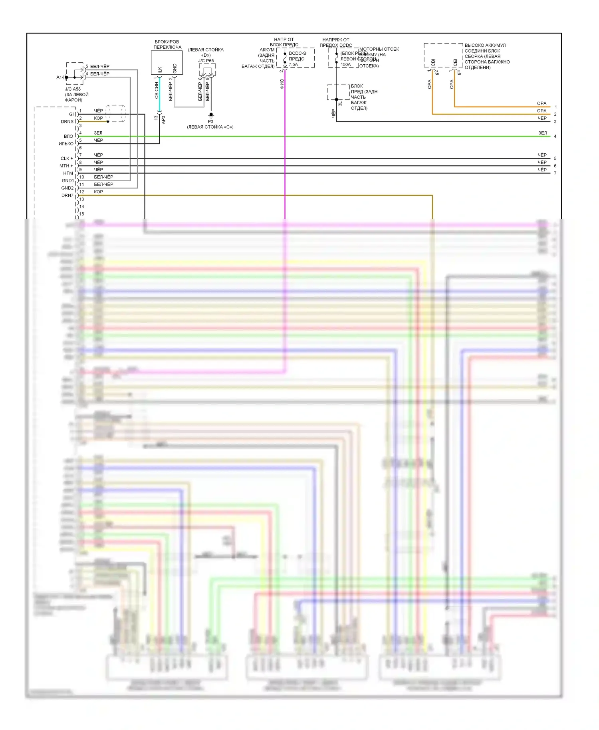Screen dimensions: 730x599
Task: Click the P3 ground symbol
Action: (211, 115)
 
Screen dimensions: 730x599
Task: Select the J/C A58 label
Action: (73, 89)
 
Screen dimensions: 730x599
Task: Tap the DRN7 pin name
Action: (67, 195)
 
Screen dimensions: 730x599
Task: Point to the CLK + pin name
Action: (67, 159)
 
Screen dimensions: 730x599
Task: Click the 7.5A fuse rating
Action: (294, 65)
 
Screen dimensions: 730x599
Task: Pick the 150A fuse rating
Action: (345, 65)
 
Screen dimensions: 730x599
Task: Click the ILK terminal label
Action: (160, 70)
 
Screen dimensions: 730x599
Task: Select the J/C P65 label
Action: (206, 61)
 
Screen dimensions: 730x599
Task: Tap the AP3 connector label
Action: (163, 119)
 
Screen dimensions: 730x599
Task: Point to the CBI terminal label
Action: (433, 63)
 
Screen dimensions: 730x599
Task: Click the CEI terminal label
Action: (455, 63)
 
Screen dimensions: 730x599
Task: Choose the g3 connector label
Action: (459, 73)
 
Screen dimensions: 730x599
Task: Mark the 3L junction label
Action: (340, 103)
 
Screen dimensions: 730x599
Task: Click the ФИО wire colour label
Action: (282, 83)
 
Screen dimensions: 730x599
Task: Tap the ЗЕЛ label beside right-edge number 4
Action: (542, 133)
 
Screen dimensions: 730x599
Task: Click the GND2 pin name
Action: (67, 188)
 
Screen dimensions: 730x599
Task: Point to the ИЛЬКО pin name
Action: (66, 144)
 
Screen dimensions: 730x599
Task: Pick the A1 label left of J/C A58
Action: (59, 77)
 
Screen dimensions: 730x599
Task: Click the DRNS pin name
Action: (67, 121)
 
